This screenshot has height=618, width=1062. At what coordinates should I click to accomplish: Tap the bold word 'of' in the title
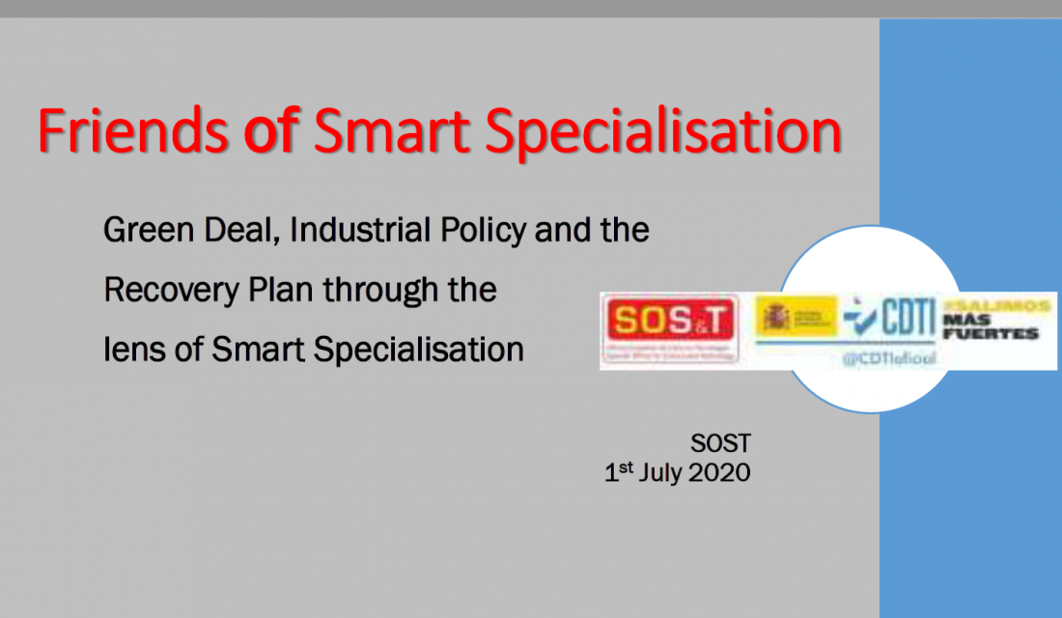tap(269, 132)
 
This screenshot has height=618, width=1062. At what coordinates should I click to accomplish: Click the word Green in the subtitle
tap(144, 231)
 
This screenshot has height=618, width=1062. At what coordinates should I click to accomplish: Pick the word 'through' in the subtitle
tap(384, 290)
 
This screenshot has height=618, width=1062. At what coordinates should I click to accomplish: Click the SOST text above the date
tap(720, 444)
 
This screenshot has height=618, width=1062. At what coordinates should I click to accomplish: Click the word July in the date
tap(659, 473)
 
